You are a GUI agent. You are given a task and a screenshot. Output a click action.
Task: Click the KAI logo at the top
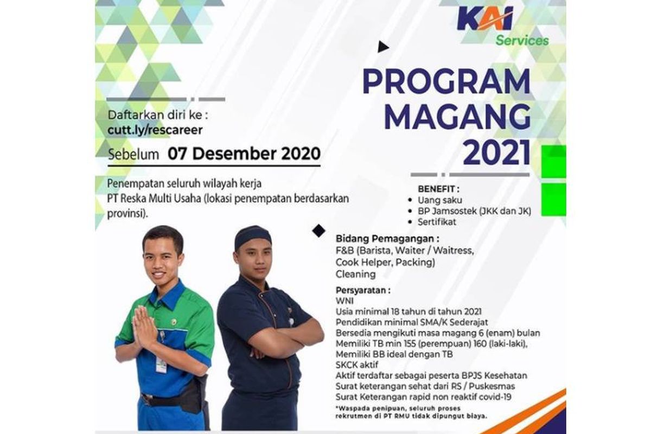tap(485, 19)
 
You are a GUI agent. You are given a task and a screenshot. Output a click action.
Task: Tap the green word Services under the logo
tap(522, 40)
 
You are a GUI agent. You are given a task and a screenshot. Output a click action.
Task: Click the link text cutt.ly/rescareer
tap(155, 130)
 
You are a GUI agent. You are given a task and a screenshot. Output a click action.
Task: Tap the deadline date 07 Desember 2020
tap(244, 154)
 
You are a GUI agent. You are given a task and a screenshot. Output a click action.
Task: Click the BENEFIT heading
tap(438, 189)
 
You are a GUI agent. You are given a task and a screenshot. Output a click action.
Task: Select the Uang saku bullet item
tap(440, 200)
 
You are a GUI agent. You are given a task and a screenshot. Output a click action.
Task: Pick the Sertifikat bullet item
tap(437, 222)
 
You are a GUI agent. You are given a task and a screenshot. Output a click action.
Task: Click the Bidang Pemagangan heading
tap(387, 239)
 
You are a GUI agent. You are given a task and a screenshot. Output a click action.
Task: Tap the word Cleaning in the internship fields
tap(355, 274)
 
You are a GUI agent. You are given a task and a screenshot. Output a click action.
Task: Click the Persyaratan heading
tap(363, 290)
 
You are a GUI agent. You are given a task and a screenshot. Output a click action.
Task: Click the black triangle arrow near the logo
tap(383, 47)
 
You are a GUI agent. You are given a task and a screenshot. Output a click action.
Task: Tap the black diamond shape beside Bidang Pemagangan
tap(318, 231)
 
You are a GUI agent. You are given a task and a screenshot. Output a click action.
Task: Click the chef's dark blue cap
tap(253, 236)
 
